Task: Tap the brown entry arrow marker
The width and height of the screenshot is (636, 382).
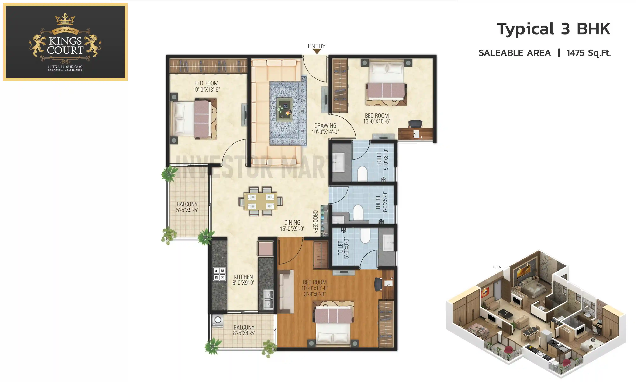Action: click(317, 51)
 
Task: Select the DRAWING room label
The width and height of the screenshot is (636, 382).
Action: click(325, 126)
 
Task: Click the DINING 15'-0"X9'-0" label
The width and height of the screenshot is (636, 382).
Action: click(292, 226)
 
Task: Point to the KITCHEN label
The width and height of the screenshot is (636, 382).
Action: click(243, 277)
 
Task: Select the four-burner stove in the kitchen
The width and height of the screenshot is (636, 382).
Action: click(219, 274)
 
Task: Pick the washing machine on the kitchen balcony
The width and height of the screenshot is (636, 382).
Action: click(218, 320)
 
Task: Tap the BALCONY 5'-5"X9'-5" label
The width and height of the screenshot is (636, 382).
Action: click(187, 207)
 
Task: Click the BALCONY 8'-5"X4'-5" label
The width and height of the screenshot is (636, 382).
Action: click(244, 330)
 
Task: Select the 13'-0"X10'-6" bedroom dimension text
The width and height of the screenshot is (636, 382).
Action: click(377, 121)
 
